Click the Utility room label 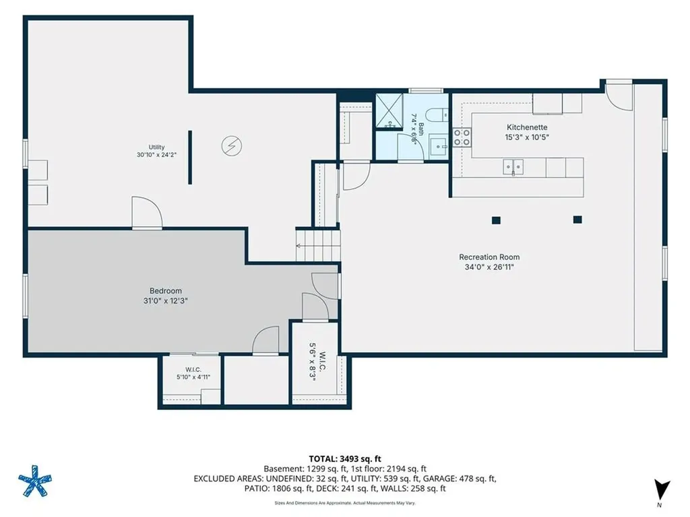pos(156,147)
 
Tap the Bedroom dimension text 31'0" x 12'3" pos(166,301)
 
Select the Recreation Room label pos(489,257)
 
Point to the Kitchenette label pos(527,127)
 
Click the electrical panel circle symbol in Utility pos(232,145)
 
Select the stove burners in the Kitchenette pos(462,137)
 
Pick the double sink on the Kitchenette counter pos(513,168)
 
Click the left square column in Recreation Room pos(497,220)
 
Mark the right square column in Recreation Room pos(577,219)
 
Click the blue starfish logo pos(35,481)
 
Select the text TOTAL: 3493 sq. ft pos(345,459)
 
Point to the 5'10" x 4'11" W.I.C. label pos(193,373)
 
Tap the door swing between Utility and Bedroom pos(147,213)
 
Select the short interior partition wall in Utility pos(190,157)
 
